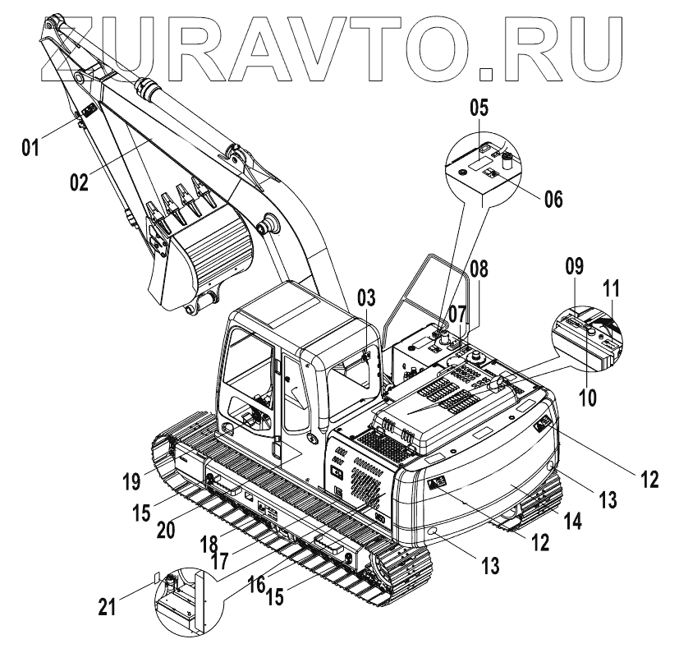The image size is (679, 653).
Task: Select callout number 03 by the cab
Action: tap(368, 297)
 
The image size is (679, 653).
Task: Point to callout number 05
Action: tap(479, 108)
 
